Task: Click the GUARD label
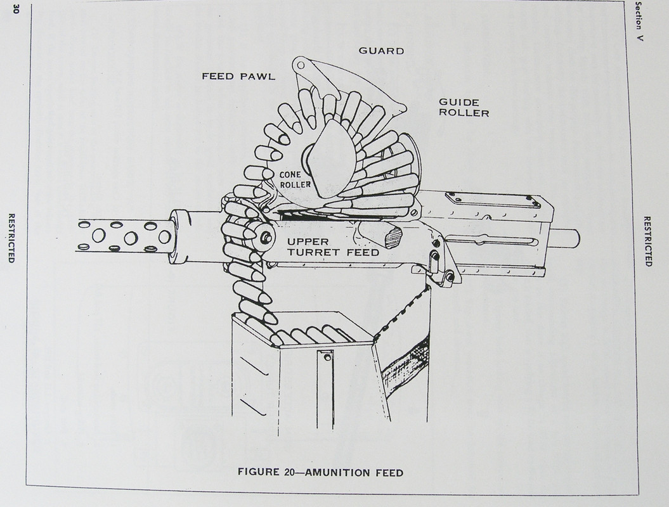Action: tap(381, 51)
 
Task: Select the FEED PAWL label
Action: tap(238, 77)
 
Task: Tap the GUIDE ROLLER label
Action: tap(464, 108)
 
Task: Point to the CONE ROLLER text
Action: tap(295, 179)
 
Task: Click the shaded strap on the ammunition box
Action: tap(406, 361)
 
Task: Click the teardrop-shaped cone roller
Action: tap(333, 158)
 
